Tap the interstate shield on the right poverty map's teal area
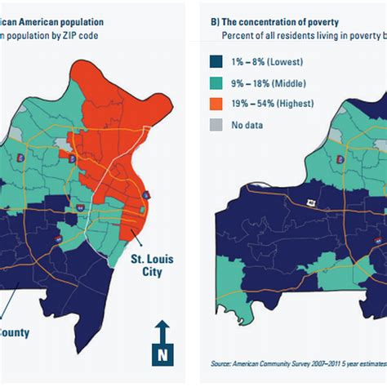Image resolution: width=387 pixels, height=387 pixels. tap(340, 159)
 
